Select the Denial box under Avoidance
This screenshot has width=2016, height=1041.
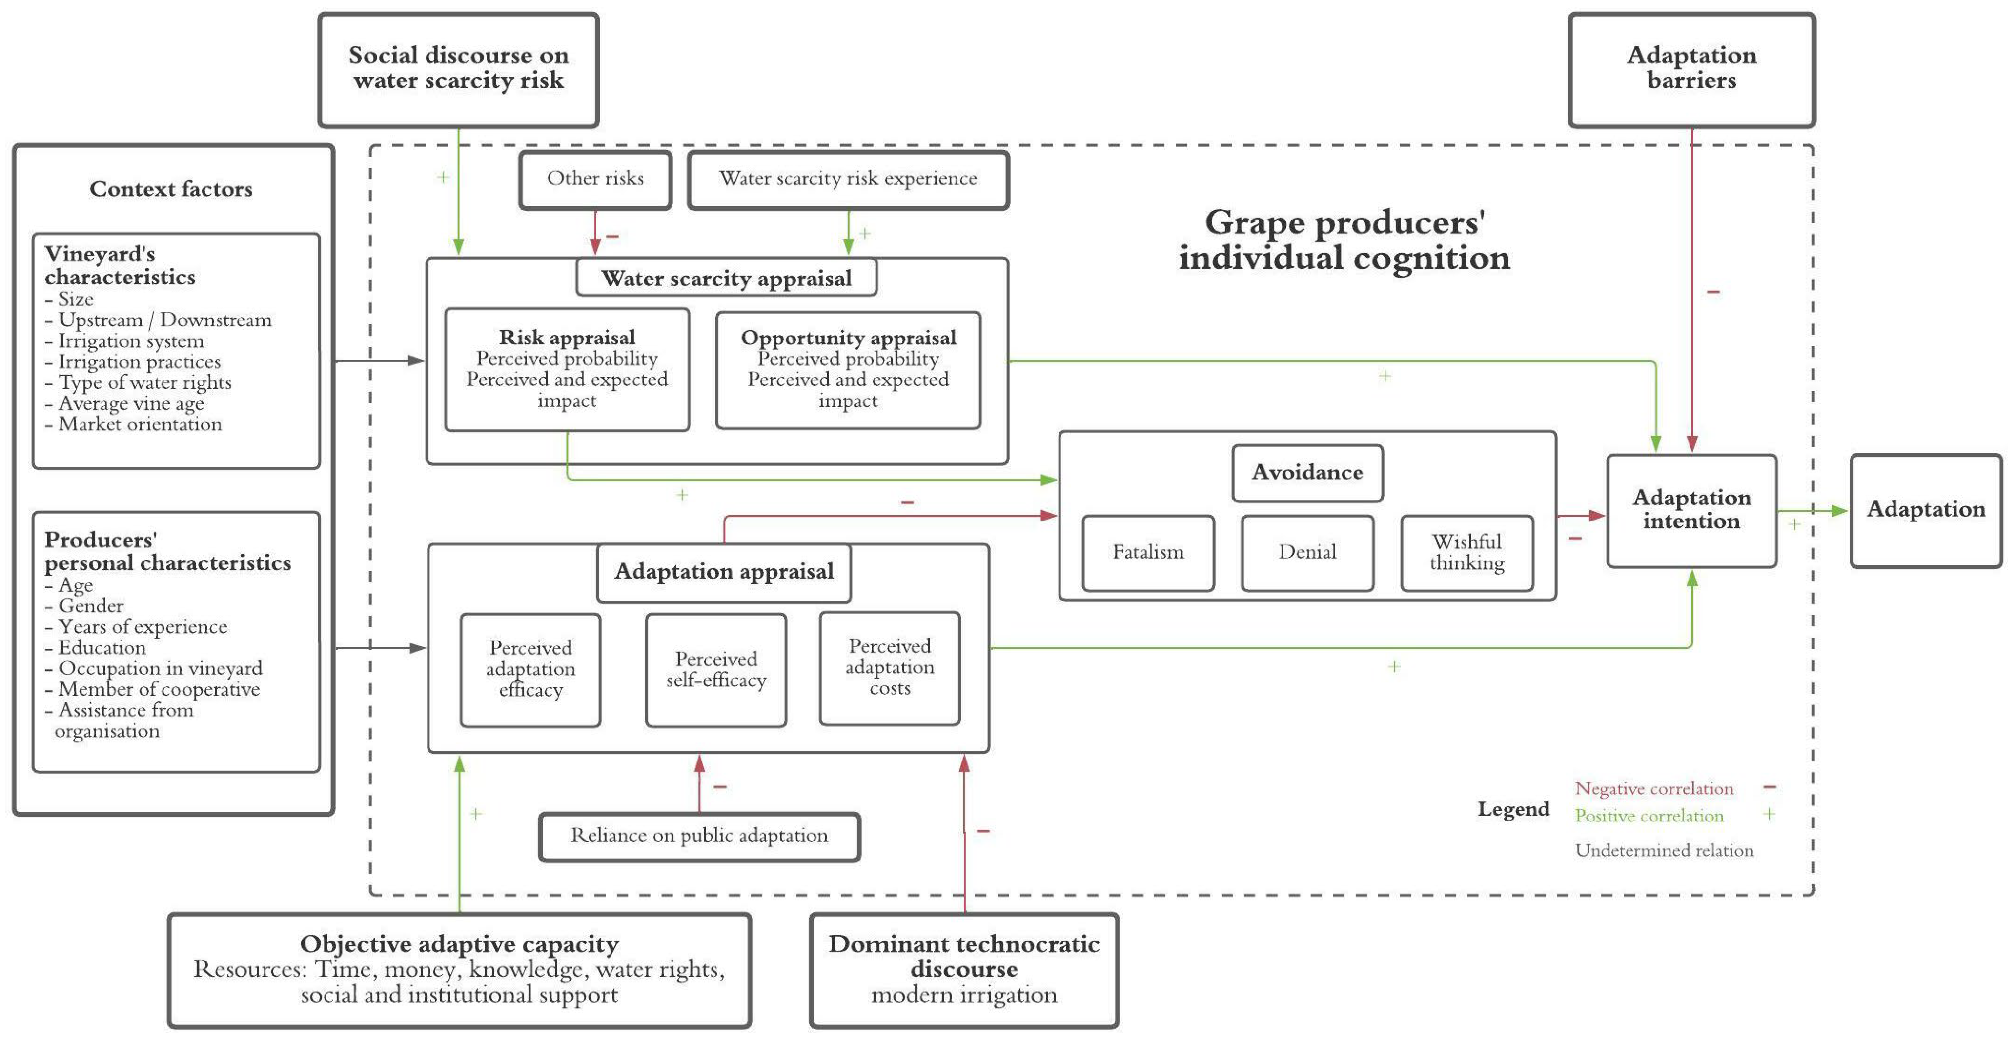(1307, 552)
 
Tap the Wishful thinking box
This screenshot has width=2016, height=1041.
(1466, 552)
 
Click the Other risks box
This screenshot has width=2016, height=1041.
(595, 179)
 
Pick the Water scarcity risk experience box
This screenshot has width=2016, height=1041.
(848, 179)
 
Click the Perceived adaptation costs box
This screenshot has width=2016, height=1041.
(889, 667)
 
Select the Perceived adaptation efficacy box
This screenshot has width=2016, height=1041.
(530, 669)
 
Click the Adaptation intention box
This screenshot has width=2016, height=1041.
(1691, 510)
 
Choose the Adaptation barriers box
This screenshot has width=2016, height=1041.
(1691, 69)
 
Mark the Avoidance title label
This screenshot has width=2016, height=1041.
(1307, 472)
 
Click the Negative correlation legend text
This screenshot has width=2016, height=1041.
(1654, 788)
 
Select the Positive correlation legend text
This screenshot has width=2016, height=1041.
(1649, 816)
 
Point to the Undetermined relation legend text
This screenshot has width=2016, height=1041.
(1664, 850)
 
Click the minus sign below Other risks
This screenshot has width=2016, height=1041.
(612, 236)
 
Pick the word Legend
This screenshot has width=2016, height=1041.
(1513, 809)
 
